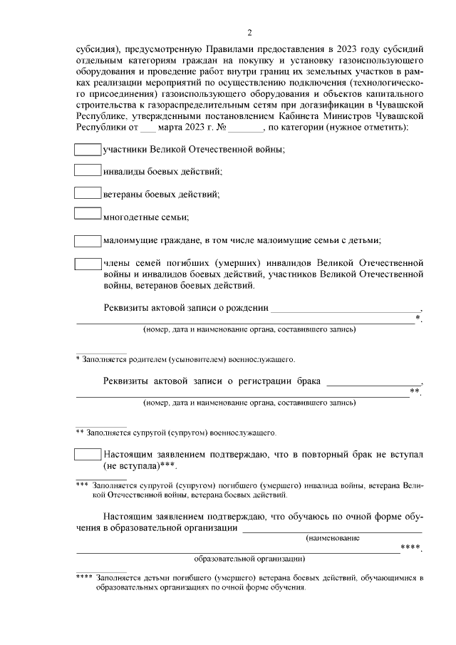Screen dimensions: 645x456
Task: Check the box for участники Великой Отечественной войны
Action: pyautogui.click(x=88, y=150)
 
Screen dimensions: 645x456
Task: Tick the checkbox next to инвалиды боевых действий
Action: pyautogui.click(x=88, y=171)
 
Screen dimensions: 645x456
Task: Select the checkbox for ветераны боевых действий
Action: pyautogui.click(x=88, y=192)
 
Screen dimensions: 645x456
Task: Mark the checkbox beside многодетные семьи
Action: pyautogui.click(x=88, y=213)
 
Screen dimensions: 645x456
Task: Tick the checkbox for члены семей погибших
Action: pyautogui.click(x=88, y=263)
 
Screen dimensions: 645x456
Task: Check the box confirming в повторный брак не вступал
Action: pyautogui.click(x=88, y=454)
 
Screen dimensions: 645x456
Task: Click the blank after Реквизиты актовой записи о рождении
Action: pyautogui.click(x=346, y=309)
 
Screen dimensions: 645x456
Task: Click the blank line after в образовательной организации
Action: pyautogui.click(x=332, y=528)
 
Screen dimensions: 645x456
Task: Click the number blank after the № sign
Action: pyautogui.click(x=246, y=128)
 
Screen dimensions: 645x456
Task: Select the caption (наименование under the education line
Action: pyautogui.click(x=332, y=539)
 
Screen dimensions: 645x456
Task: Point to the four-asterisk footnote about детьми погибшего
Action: pyautogui.click(x=249, y=583)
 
